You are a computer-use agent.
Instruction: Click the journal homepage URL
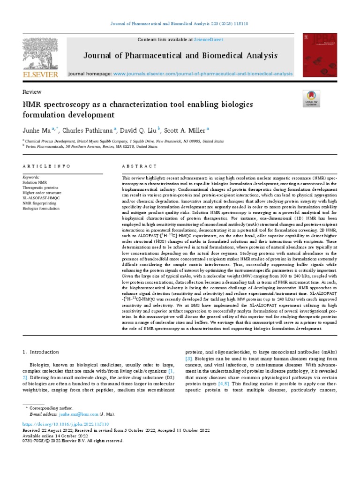pos(203,74)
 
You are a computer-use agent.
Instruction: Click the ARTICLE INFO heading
pos(46,166)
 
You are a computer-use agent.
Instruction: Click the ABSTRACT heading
pos(139,166)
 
